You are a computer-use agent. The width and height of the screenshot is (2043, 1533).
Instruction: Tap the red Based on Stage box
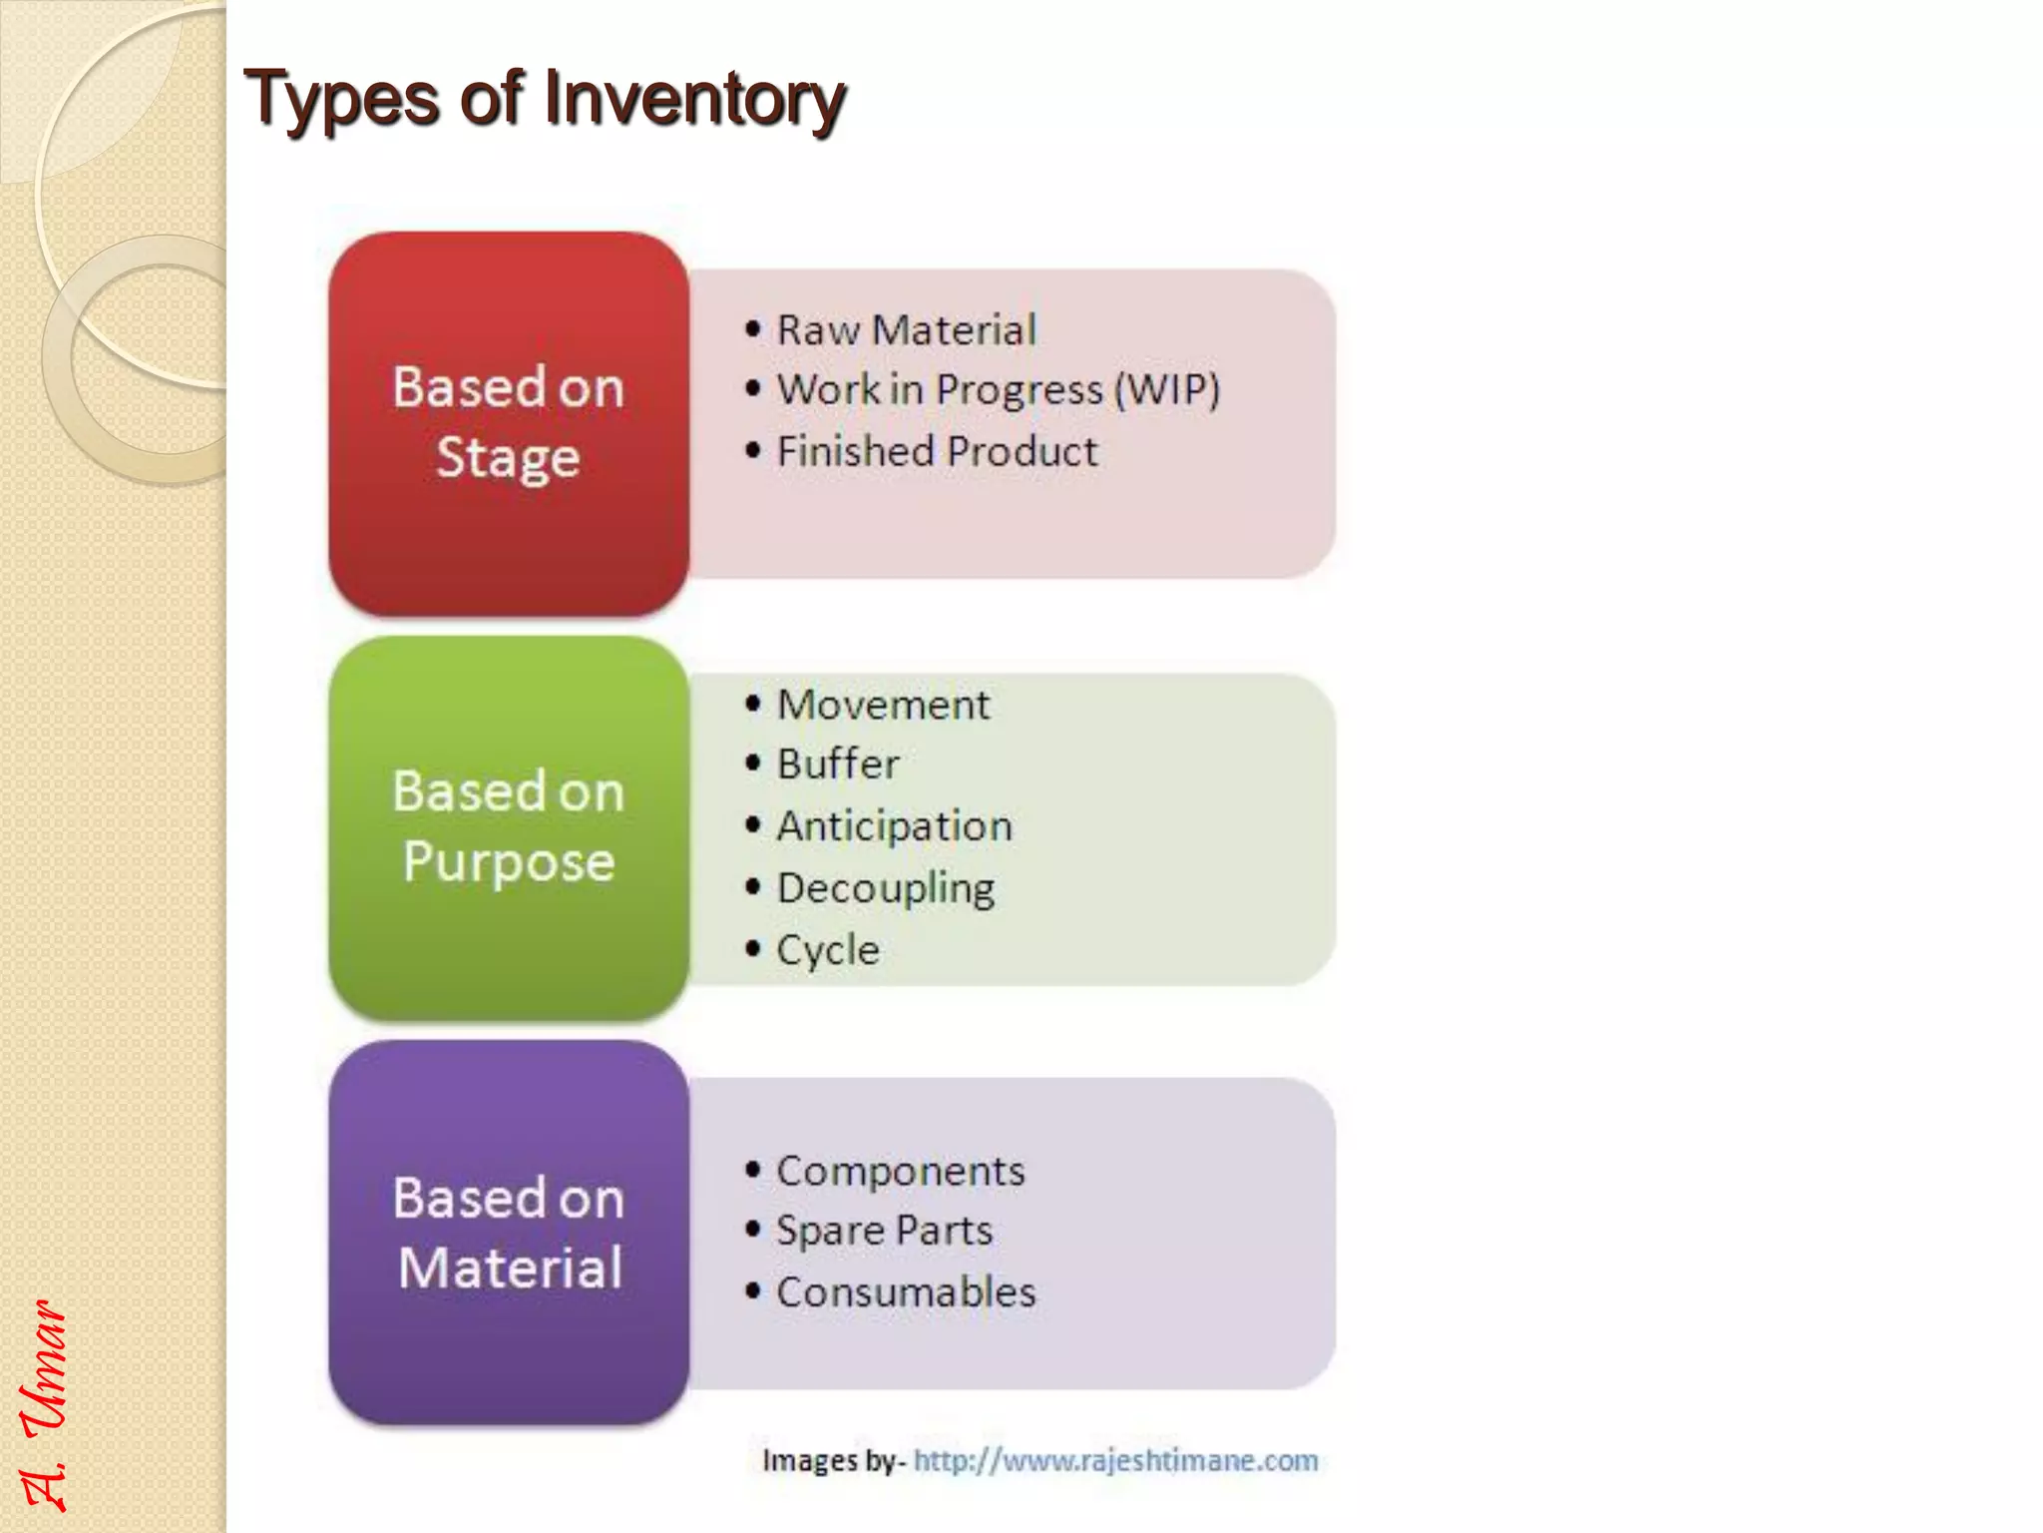click(x=509, y=423)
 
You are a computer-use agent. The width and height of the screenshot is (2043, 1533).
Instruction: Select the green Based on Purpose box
click(x=509, y=827)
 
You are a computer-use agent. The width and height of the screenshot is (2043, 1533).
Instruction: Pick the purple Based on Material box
click(x=509, y=1232)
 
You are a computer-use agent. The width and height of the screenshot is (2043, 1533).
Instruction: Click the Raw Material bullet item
click(x=906, y=330)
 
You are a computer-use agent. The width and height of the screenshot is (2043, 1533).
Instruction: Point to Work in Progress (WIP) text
click(x=998, y=390)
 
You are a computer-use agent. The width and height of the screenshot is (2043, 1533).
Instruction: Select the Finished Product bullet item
click(x=937, y=451)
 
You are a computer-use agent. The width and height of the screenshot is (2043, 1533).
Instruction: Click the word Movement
click(x=883, y=706)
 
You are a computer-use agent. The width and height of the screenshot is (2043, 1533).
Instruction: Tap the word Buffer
click(x=838, y=765)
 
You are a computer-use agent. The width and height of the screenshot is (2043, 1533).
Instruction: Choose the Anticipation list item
click(x=894, y=826)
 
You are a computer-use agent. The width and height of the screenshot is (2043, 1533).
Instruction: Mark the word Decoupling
click(x=886, y=888)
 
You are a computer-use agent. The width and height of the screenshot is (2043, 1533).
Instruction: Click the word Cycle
click(x=828, y=950)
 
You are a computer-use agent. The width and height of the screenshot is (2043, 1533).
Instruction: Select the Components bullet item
click(x=900, y=1172)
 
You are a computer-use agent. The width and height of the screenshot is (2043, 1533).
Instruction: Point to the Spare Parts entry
click(x=884, y=1231)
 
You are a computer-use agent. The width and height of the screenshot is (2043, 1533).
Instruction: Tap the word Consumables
click(x=906, y=1292)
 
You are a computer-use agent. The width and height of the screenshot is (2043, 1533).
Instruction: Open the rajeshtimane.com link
click(x=1115, y=1461)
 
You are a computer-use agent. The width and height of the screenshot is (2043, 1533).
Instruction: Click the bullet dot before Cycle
click(x=753, y=948)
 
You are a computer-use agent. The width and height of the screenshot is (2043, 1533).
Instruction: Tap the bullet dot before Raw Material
click(x=753, y=329)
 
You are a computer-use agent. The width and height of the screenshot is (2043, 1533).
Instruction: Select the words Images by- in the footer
click(x=833, y=1461)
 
